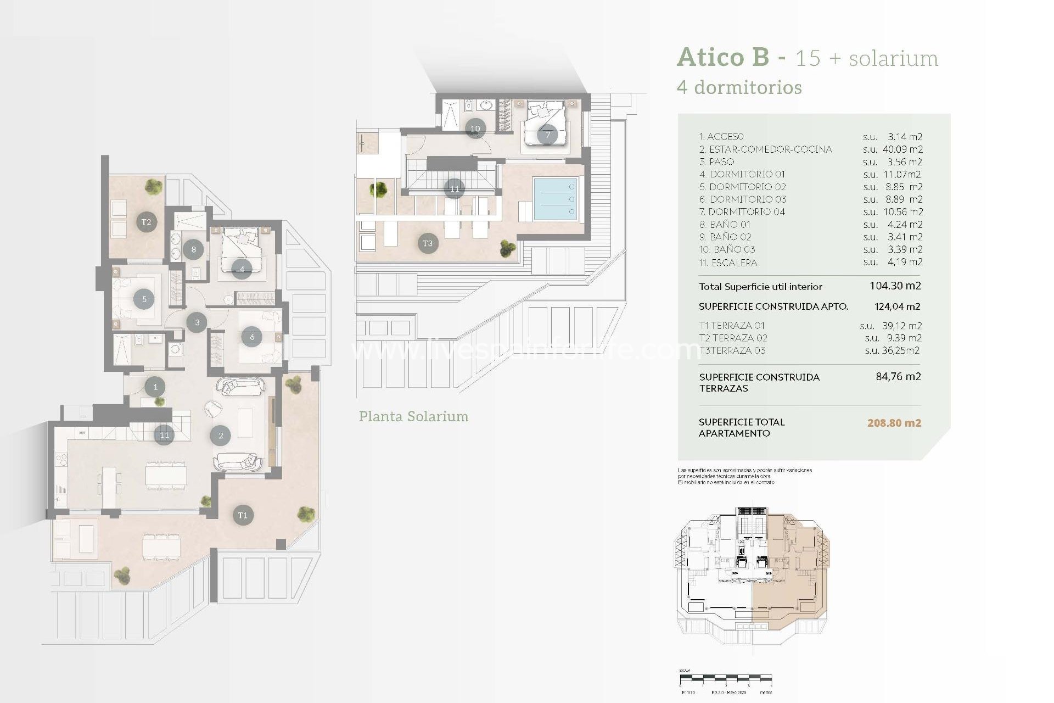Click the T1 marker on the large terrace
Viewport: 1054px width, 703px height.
243,515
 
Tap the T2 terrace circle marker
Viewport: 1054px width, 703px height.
146,222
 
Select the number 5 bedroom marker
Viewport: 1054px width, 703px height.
144,299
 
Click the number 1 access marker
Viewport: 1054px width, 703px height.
155,387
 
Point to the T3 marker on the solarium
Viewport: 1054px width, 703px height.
428,243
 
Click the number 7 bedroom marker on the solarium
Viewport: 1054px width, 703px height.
547,135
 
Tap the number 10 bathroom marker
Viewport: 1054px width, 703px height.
475,129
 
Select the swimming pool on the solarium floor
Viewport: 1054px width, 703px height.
555,199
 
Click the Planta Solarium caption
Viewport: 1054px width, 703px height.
413,416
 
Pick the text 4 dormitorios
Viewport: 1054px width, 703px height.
739,87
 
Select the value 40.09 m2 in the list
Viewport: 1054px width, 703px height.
902,149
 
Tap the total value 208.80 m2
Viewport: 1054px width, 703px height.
894,423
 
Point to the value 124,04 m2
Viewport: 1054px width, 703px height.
897,306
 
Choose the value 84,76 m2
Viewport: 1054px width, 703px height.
898,377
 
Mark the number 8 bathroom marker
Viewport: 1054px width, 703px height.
193,249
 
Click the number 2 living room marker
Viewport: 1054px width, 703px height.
221,436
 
